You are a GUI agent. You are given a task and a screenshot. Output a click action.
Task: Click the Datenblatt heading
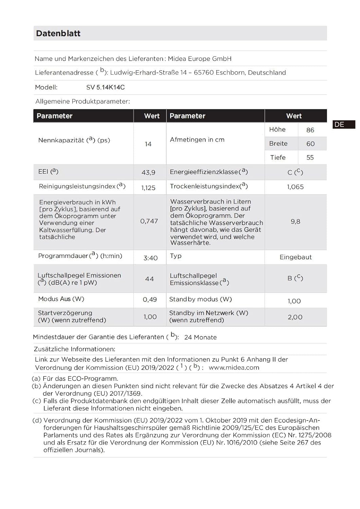point(58,33)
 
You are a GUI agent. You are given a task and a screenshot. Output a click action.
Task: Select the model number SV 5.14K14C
point(105,87)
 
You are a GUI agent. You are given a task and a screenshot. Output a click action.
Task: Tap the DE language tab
point(340,125)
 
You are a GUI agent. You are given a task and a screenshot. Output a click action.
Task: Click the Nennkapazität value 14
point(148,144)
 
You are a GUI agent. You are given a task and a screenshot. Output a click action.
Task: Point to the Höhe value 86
point(310,130)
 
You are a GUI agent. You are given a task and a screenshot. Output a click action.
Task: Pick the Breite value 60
point(310,144)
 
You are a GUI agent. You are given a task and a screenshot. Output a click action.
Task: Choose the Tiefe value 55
point(310,157)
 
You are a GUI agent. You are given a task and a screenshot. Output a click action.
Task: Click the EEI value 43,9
point(148,172)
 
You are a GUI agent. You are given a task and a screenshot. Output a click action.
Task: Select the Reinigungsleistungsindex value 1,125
point(148,188)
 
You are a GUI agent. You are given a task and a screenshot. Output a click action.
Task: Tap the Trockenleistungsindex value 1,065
point(295,187)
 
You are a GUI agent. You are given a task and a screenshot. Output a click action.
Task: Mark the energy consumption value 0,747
point(149,221)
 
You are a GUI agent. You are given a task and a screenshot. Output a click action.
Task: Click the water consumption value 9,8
point(295,222)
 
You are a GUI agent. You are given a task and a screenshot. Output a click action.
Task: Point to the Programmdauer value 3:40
point(150,258)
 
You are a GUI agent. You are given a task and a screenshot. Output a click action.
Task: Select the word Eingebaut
point(295,257)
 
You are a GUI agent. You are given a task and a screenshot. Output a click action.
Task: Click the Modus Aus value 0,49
point(150,300)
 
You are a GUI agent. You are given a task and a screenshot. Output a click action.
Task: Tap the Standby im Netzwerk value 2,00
point(295,317)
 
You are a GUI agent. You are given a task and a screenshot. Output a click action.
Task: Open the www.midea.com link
point(234,367)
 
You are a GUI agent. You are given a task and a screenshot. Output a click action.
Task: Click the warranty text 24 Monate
point(200,337)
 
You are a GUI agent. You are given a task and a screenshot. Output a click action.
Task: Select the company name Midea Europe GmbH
point(200,59)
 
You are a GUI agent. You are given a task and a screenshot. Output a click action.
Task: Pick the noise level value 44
point(149,279)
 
